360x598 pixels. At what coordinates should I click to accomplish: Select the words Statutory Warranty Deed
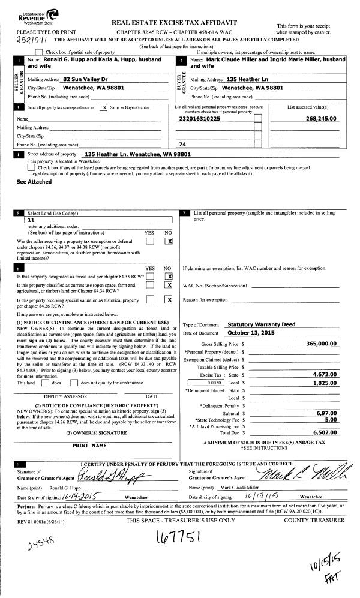coord(262,324)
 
